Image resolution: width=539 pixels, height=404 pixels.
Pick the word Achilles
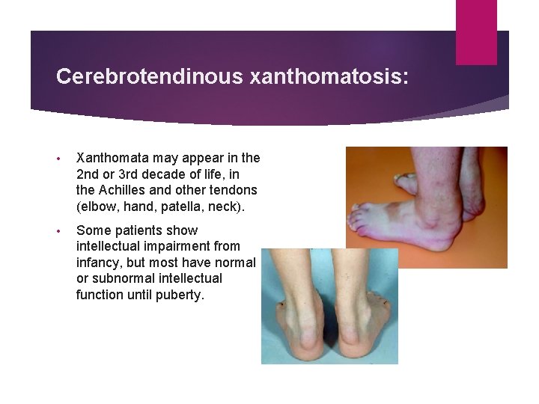(x=123, y=190)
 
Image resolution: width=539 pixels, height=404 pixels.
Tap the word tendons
(x=234, y=190)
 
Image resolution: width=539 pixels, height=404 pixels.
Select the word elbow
(x=97, y=206)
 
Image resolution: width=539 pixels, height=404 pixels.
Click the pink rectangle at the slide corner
(x=476, y=31)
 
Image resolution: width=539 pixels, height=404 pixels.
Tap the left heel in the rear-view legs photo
(x=302, y=345)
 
